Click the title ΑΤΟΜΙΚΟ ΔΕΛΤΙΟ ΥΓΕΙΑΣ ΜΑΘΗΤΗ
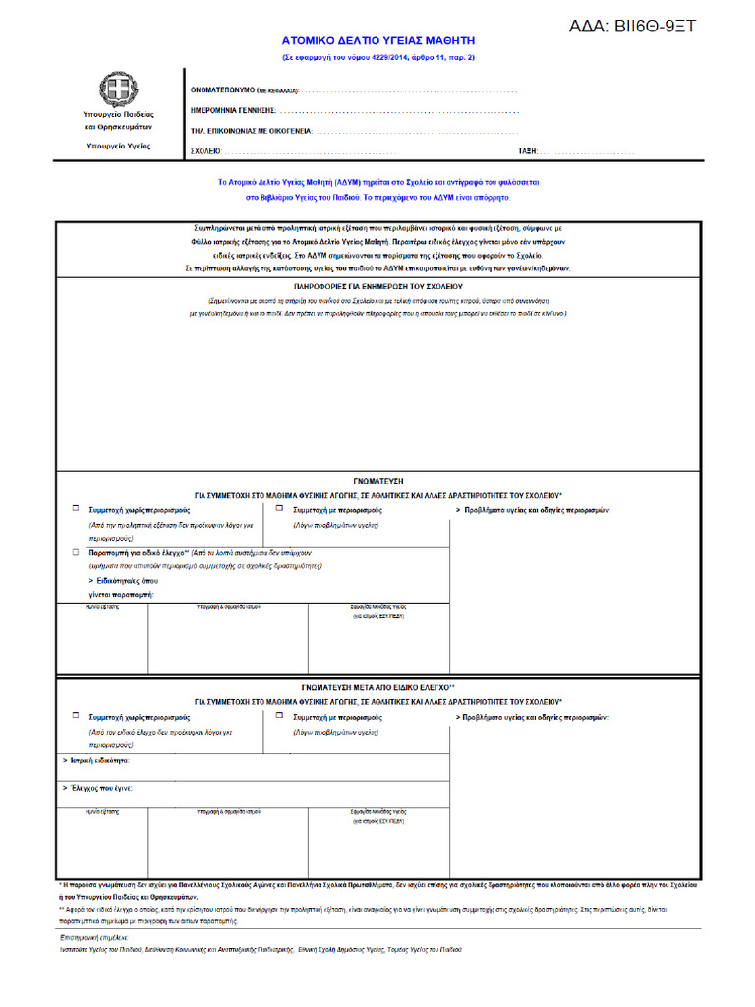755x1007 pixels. click(x=377, y=42)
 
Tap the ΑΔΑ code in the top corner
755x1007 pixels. click(x=632, y=27)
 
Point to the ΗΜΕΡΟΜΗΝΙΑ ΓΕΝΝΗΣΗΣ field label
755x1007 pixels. click(x=233, y=110)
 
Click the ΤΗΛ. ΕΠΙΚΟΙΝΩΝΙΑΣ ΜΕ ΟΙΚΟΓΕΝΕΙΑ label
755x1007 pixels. click(x=250, y=130)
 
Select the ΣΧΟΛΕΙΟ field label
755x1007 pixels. click(x=205, y=151)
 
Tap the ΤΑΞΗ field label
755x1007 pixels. click(x=527, y=151)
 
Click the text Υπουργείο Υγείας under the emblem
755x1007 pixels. click(x=118, y=146)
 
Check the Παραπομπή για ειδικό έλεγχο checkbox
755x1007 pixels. click(x=76, y=553)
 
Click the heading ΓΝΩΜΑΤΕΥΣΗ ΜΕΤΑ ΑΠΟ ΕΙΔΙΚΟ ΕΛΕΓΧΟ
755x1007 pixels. click(x=377, y=688)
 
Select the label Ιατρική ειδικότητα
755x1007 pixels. click(x=95, y=761)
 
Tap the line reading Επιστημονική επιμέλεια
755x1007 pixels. click(x=94, y=938)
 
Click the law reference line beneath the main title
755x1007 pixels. click(x=377, y=57)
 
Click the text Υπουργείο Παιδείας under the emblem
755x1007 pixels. click(x=118, y=115)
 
